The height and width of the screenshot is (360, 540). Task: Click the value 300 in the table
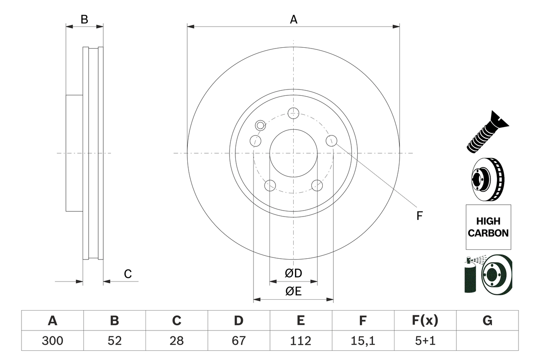click(x=52, y=341)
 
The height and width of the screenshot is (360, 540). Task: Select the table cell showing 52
click(x=114, y=341)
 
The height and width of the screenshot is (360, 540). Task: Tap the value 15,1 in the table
click(x=362, y=341)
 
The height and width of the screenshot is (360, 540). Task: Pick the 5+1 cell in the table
click(x=425, y=341)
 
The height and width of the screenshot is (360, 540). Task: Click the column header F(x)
click(x=425, y=321)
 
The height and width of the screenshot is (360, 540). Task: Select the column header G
click(x=487, y=321)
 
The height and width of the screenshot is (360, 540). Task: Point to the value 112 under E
click(x=300, y=341)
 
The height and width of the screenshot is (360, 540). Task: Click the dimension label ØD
click(x=294, y=273)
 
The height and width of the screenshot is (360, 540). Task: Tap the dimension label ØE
click(x=294, y=291)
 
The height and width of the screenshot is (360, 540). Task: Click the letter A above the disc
click(x=294, y=19)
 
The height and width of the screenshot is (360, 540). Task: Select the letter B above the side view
click(x=84, y=19)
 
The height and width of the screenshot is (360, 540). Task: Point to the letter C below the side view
click(x=128, y=274)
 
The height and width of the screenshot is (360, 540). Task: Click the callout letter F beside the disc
click(x=419, y=216)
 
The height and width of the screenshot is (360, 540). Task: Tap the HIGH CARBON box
click(x=488, y=227)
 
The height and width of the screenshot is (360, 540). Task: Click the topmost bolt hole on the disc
click(x=293, y=113)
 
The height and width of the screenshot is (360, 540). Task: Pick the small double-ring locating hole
click(x=261, y=125)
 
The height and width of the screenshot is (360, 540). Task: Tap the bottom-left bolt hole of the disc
click(x=270, y=185)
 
